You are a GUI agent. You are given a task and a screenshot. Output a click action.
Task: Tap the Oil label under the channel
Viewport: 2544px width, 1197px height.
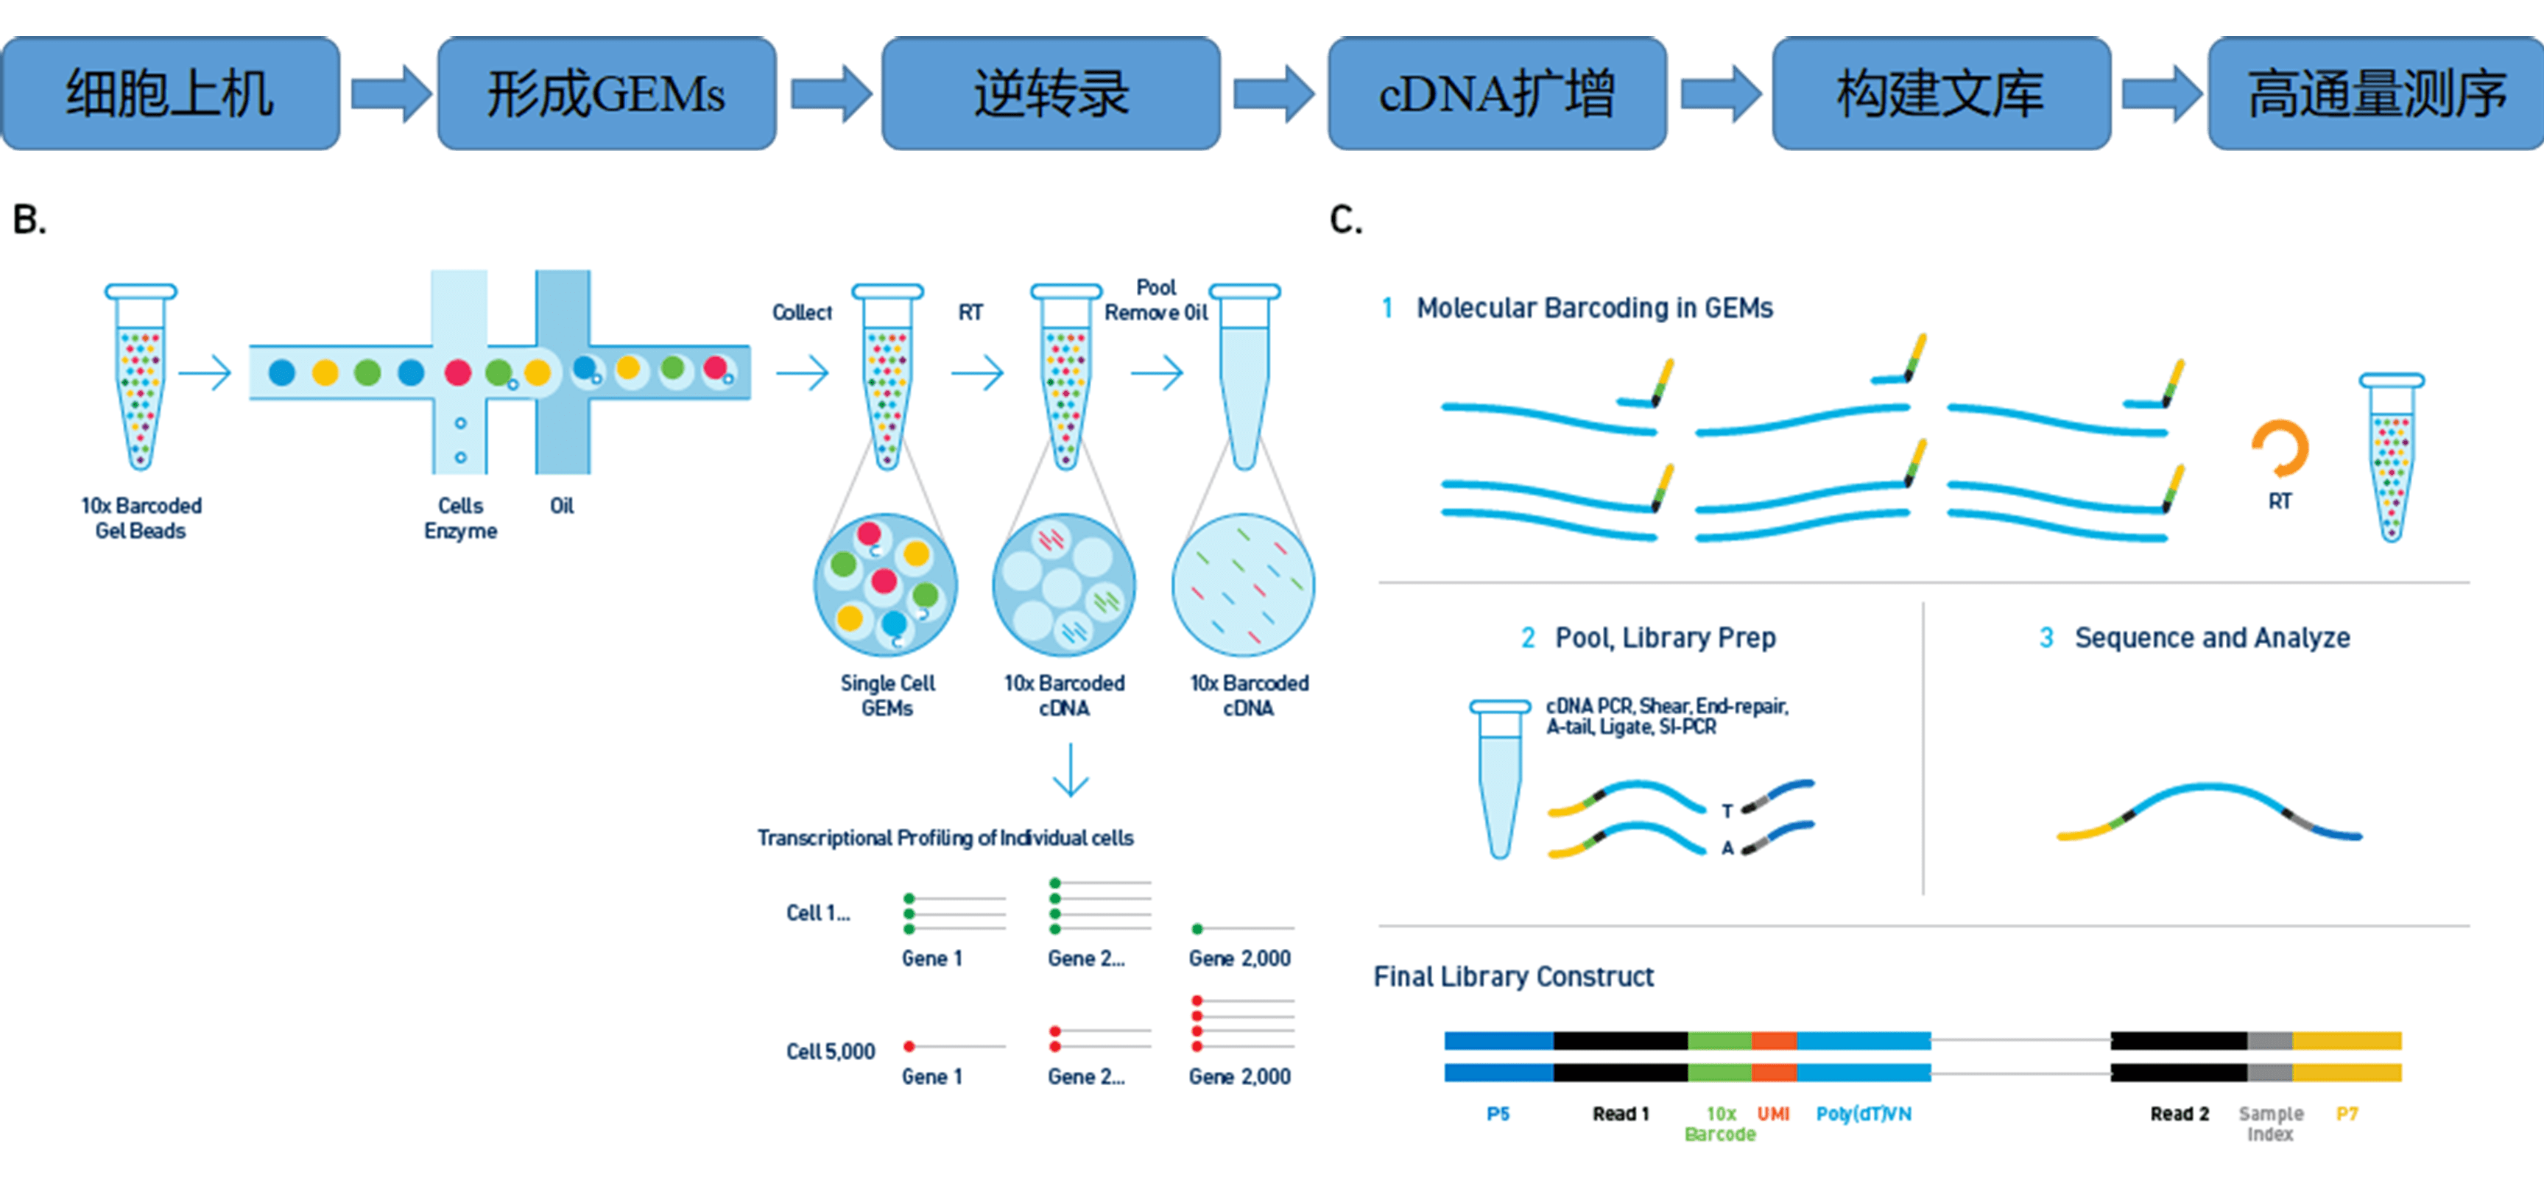(562, 506)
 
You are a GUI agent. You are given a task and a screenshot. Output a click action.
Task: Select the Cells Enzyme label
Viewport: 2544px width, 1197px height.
(460, 518)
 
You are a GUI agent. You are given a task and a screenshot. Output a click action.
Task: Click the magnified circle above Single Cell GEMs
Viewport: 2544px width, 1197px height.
(885, 585)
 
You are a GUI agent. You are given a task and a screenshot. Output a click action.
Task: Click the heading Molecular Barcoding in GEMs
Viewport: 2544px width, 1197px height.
(1594, 308)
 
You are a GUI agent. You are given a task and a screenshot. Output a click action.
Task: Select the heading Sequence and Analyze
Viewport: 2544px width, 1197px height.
(2211, 638)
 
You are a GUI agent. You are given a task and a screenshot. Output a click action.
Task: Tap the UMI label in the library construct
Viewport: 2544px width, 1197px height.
(1774, 1114)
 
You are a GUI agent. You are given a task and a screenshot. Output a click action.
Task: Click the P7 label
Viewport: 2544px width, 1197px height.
(2347, 1114)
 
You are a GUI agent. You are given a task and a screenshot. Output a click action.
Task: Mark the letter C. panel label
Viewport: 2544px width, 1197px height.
(1345, 219)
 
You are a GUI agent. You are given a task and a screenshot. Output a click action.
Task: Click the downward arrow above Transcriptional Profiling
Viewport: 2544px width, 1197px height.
(1071, 770)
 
